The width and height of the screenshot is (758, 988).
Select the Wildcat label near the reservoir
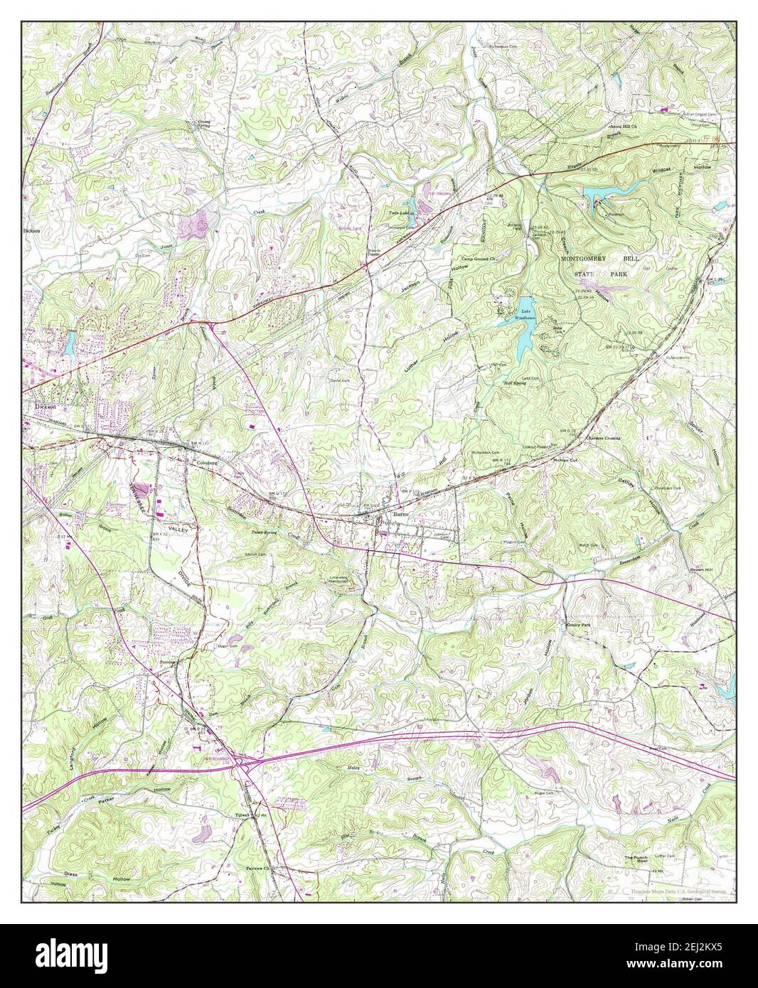click(666, 170)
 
